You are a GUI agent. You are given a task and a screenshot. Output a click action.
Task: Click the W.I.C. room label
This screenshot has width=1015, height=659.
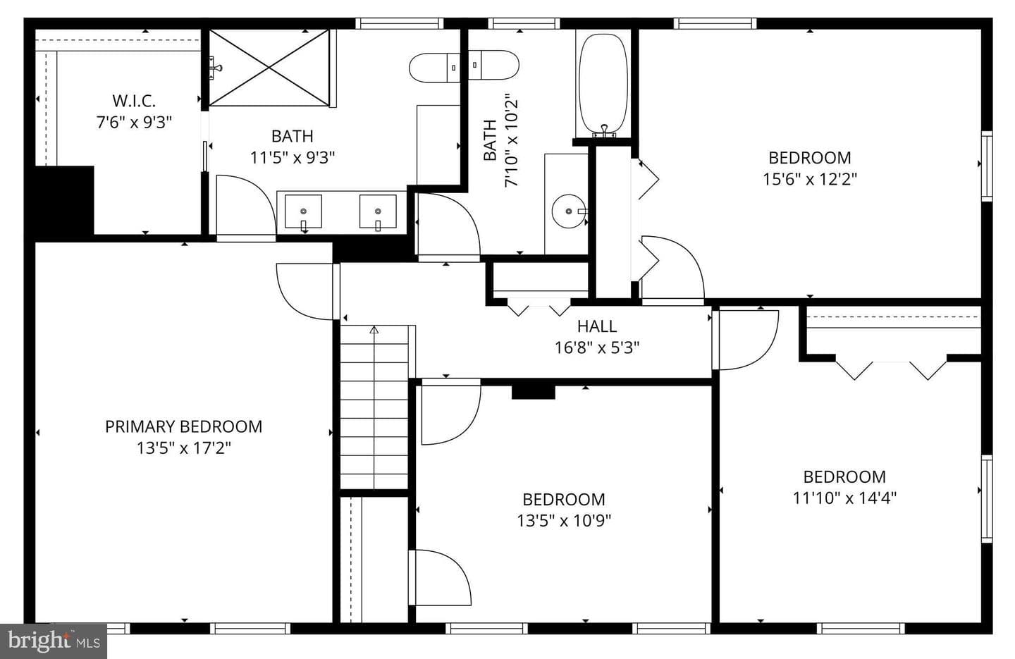134,101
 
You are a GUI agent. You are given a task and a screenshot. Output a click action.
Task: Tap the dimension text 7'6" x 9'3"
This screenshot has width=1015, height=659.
134,123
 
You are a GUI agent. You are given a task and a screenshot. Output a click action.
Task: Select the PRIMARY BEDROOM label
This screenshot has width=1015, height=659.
183,426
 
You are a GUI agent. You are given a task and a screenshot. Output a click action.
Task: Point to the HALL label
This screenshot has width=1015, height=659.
597,326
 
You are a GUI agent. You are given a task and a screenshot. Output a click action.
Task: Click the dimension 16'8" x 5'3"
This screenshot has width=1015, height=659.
597,347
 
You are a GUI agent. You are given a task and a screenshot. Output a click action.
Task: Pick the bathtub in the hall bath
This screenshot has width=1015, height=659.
603,85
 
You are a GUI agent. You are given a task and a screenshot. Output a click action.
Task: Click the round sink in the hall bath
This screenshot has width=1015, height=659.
569,211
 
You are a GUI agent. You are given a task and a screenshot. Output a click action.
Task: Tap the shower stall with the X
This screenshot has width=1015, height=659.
269,68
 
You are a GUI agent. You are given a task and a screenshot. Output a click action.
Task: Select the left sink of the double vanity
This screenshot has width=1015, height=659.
303,211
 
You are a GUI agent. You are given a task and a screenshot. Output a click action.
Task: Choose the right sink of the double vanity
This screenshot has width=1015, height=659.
378,211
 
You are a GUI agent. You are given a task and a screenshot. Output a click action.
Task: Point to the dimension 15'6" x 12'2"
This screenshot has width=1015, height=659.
810,180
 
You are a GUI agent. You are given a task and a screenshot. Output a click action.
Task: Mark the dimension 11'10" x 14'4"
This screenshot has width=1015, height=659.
844,498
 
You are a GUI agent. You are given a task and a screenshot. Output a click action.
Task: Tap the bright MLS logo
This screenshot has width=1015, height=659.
54,641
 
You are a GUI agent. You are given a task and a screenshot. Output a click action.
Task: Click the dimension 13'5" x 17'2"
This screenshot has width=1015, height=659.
183,448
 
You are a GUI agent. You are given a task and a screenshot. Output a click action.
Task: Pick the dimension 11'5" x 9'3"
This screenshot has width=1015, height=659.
293,158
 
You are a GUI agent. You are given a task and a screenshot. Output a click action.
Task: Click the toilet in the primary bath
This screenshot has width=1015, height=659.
434,68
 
